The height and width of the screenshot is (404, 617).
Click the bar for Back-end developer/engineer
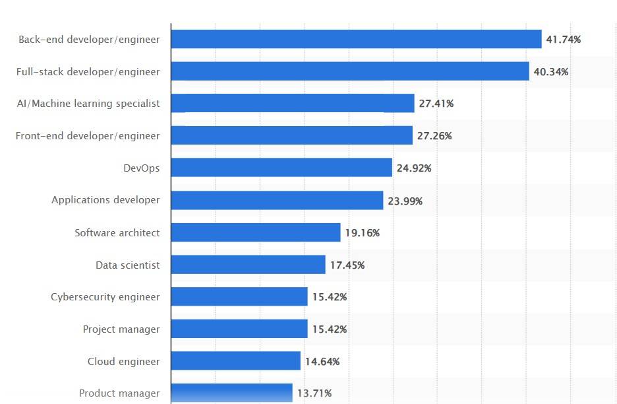coord(356,40)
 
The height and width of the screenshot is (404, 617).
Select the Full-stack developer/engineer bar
coord(350,71)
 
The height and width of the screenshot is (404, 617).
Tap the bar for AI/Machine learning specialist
coord(293,104)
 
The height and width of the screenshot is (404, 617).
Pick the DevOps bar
coord(281,168)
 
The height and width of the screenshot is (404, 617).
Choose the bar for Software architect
coord(256,232)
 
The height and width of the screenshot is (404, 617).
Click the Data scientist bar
coord(248,265)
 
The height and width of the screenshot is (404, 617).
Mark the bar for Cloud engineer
coord(236,361)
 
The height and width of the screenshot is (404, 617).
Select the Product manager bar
coord(231,393)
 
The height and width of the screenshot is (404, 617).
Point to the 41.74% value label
coord(563,40)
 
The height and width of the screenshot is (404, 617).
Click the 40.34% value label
coord(550,72)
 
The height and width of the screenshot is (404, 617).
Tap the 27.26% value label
coord(434,136)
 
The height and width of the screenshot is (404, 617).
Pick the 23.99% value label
coord(405,201)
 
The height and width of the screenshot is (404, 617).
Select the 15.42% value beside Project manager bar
coord(329,329)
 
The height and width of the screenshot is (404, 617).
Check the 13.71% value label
coord(314,393)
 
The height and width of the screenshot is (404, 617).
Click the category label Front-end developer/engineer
coord(88,136)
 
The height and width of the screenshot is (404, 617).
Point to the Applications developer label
coord(105,200)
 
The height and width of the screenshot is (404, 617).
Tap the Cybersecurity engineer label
coord(105,297)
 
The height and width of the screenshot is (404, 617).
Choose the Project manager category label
coord(121,329)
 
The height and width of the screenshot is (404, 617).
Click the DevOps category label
coord(141,168)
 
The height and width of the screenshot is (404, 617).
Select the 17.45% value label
coord(347,265)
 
